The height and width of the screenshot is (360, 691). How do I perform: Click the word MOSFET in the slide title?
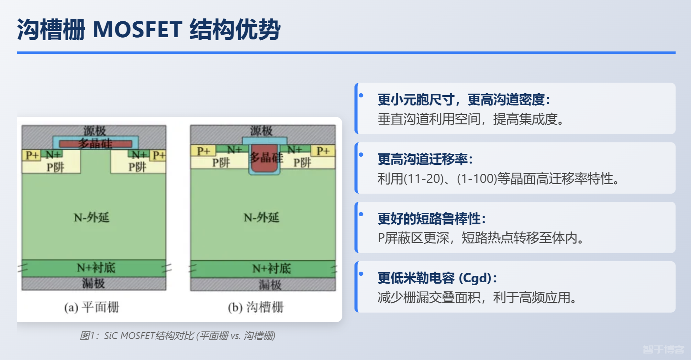138,29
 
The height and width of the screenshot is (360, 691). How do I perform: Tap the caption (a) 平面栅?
92,307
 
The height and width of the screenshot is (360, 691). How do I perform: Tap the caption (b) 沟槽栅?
256,307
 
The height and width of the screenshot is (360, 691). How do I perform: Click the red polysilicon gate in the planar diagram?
96,144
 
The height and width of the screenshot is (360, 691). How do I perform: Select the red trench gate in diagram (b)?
264,158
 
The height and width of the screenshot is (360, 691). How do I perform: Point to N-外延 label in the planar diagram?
92,217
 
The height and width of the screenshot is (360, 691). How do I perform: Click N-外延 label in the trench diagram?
261,217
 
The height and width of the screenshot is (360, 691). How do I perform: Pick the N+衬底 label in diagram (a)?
96,268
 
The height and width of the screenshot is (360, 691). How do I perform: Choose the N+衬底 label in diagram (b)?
271,268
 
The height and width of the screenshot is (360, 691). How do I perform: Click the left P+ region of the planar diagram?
31,155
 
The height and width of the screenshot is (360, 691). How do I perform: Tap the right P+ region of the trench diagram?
323,151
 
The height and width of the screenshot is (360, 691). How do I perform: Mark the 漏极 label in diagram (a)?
94,283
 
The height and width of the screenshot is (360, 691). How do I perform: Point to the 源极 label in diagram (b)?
261,131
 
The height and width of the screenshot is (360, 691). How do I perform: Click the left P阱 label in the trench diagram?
221,163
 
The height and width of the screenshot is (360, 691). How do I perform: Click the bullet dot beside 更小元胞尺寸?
361,95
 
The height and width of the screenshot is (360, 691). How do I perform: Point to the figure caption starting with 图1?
177,336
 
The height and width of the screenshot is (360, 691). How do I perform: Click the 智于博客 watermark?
663,349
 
